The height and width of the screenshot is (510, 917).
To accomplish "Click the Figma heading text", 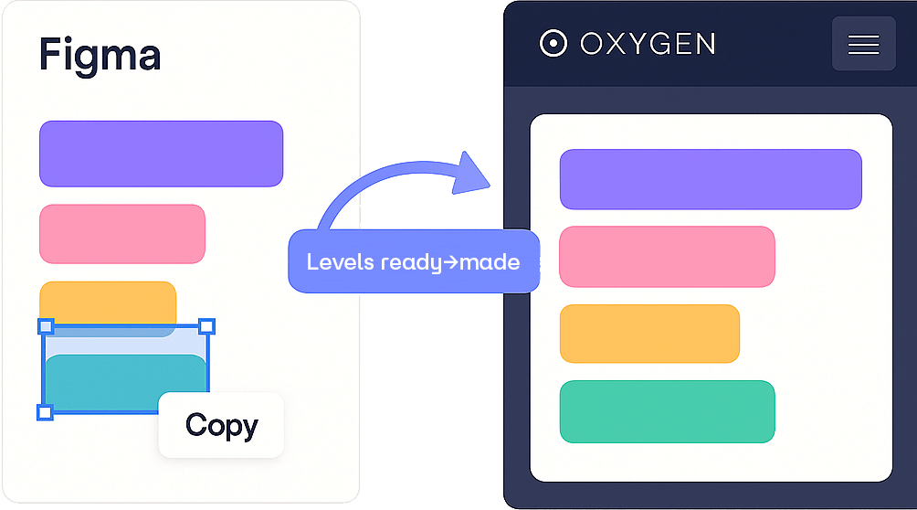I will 100,56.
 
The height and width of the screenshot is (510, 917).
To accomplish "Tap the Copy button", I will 221,425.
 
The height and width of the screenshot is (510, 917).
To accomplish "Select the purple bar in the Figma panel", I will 161,154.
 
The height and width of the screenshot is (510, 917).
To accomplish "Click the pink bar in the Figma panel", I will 121,234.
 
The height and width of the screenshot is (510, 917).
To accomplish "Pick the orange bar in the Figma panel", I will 107,301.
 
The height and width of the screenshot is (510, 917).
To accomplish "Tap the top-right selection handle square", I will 207,326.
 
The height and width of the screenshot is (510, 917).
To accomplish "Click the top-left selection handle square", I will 46,326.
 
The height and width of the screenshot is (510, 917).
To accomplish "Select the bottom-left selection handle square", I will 45,412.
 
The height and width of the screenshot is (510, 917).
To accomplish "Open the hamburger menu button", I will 863,44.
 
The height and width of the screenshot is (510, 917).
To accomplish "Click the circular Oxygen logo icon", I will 553,44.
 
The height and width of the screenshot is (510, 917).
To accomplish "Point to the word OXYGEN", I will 648,44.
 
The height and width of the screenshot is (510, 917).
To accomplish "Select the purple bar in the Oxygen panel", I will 711,179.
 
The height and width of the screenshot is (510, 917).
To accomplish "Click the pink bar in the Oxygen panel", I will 667,257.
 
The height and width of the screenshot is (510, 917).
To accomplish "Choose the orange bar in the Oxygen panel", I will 649,333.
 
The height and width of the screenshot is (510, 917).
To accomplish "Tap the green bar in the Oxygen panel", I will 667,412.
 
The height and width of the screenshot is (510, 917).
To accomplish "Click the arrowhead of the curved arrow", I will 475,174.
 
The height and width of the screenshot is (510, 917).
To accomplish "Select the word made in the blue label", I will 490,262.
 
